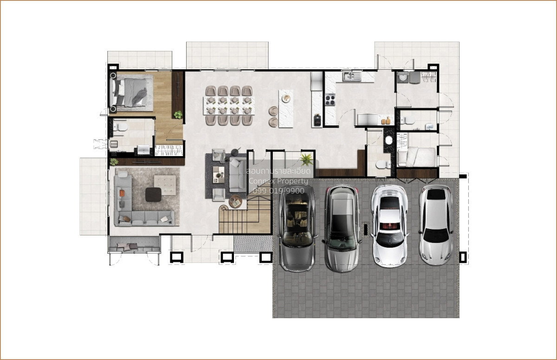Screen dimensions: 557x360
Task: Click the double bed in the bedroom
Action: [x=131, y=92]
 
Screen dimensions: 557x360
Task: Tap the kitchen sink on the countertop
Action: [x=352, y=76]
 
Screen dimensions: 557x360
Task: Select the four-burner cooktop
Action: [x=330, y=100]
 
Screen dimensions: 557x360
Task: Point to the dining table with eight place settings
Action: [x=229, y=105]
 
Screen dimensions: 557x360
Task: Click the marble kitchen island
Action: [x=286, y=109]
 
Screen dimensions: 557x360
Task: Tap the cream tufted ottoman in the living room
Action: [x=165, y=185]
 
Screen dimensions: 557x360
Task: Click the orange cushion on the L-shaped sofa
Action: [x=122, y=193]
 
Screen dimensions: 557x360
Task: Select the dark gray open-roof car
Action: [x=298, y=228]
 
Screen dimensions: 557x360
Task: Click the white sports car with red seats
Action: [x=389, y=226]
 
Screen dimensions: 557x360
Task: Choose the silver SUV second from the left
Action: [x=342, y=229]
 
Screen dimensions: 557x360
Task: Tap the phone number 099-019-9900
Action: [x=278, y=191]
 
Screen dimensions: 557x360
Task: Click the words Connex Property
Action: [x=278, y=181]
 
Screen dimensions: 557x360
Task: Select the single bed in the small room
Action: [x=416, y=157]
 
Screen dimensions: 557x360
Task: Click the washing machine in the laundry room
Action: [x=402, y=77]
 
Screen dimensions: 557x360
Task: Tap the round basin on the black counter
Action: [x=389, y=140]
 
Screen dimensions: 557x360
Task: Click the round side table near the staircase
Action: [x=235, y=201]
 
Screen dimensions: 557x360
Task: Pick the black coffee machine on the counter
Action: [x=317, y=120]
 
